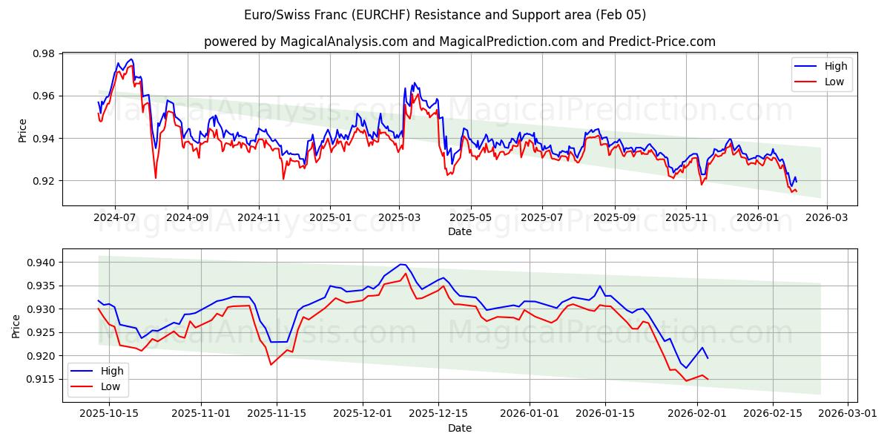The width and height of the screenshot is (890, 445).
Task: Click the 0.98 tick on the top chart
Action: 45,53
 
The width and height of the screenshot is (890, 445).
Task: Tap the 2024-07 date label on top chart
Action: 115,217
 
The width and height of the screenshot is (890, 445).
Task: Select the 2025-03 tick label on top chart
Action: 400,217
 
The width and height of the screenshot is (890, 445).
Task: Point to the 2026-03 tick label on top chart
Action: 827,217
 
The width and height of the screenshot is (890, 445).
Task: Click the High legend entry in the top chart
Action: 836,66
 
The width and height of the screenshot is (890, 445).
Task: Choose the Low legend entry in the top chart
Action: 834,82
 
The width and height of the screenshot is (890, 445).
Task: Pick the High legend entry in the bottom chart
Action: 112,371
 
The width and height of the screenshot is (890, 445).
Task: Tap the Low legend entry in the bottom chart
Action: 111,386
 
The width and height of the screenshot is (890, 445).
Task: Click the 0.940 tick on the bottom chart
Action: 42,263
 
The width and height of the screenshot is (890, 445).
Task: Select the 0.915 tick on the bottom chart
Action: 42,379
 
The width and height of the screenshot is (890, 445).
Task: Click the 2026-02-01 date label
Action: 697,412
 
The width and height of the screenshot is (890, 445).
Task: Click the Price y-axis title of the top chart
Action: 23,130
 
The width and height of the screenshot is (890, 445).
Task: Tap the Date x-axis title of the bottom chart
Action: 459,428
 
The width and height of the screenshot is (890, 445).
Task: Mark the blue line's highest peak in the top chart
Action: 131,59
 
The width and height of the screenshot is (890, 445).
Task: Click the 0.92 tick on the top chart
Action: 45,181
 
